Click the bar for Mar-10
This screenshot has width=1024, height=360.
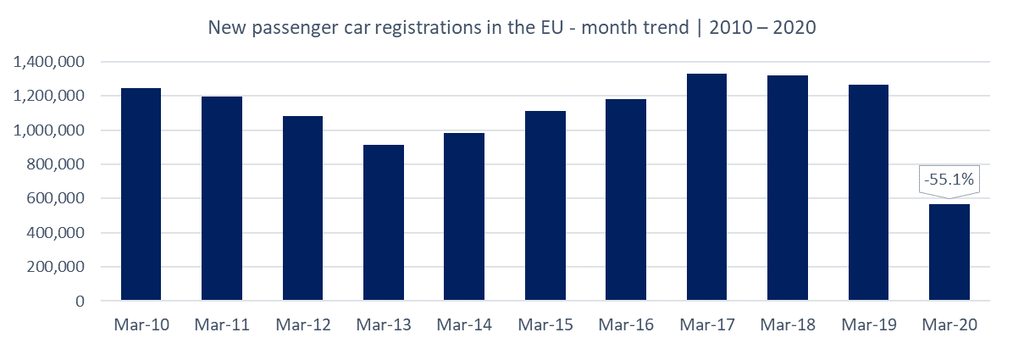(141, 194)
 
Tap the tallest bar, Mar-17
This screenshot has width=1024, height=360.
(706, 187)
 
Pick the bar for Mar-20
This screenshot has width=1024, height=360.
(949, 252)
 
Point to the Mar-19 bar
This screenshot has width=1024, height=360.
(868, 192)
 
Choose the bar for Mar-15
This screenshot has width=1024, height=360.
(545, 206)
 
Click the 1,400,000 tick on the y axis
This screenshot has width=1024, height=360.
(50, 63)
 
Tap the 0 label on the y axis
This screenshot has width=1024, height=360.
(80, 302)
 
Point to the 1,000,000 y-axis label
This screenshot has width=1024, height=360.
(50, 130)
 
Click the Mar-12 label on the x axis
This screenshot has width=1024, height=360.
(302, 324)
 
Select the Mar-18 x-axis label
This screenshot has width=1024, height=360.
(788, 324)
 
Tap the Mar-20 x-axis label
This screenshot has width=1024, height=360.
(949, 324)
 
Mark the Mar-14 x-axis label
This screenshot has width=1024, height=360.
(464, 324)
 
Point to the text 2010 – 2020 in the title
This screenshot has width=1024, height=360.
(763, 28)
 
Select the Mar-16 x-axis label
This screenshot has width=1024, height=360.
(626, 324)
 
